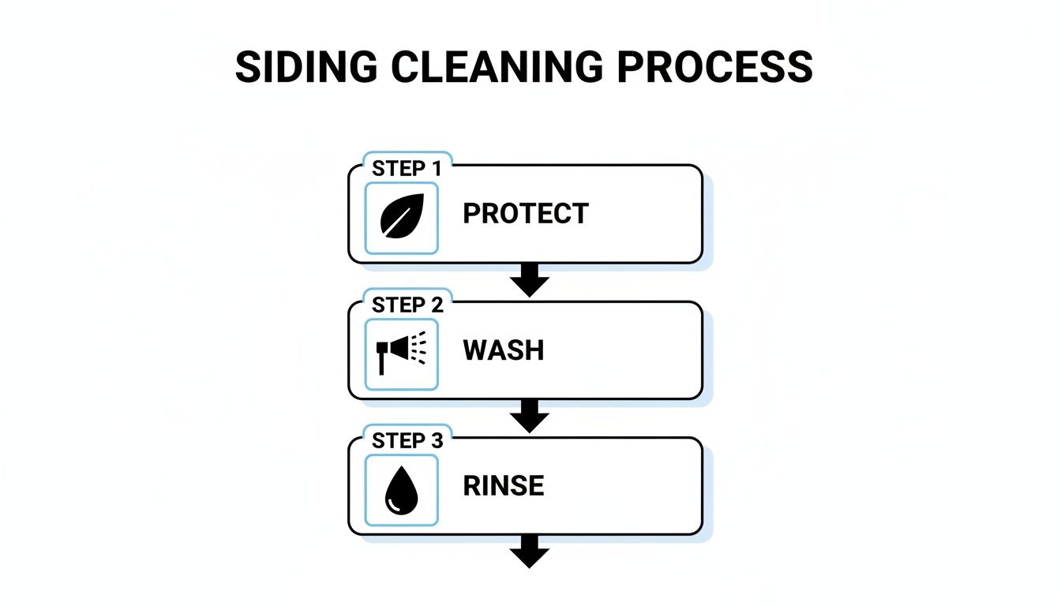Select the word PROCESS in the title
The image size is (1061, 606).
[714, 68]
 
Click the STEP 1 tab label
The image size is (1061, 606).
[407, 169]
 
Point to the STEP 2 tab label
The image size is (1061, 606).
[407, 305]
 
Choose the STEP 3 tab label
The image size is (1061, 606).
[407, 441]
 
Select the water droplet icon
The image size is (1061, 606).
[401, 491]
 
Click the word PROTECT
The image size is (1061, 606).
[526, 214]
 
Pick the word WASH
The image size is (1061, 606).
[504, 350]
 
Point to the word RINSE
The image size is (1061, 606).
[504, 486]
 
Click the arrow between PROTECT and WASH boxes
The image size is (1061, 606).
[530, 280]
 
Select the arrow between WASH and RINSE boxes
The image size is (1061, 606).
[530, 416]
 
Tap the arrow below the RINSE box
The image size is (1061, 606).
[530, 552]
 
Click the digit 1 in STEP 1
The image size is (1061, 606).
[436, 169]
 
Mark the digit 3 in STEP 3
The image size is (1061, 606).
[437, 441]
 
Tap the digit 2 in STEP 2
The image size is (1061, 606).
[437, 305]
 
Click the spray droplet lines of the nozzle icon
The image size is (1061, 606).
[419, 348]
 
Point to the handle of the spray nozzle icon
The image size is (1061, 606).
[382, 364]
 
